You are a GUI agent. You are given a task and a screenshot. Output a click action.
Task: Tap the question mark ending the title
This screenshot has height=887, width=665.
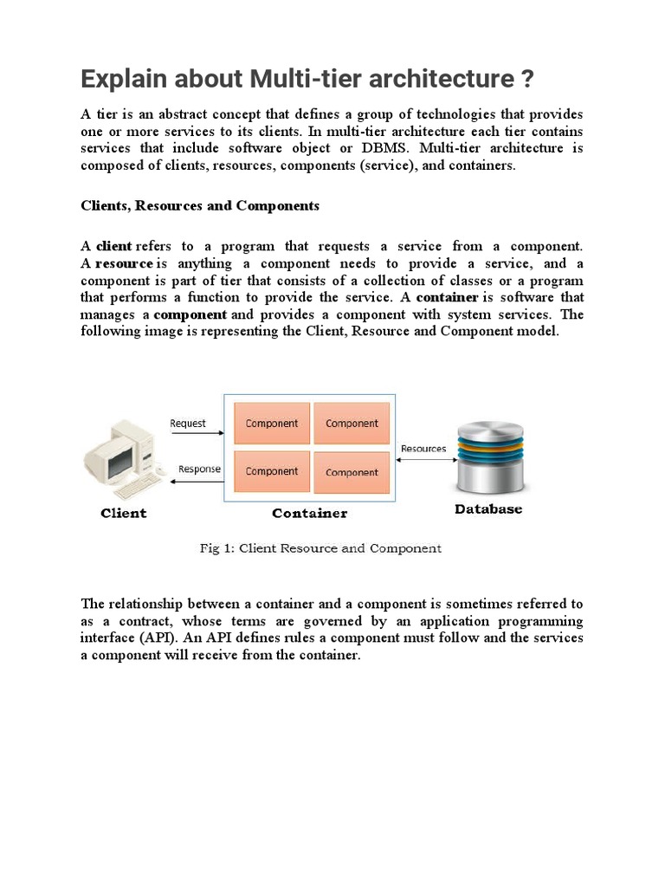pyautogui.click(x=526, y=80)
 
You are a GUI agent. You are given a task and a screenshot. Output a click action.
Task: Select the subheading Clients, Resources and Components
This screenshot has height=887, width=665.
pyautogui.click(x=200, y=206)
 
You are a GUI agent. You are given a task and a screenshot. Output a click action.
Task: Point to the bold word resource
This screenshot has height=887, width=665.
pyautogui.click(x=124, y=263)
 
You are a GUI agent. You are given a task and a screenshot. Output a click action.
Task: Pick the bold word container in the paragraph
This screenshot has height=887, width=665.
pyautogui.click(x=447, y=297)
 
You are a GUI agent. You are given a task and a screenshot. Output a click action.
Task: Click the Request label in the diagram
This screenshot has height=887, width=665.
pyautogui.click(x=188, y=424)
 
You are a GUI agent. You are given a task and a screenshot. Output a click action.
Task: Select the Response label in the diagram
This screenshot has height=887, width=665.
pyautogui.click(x=199, y=469)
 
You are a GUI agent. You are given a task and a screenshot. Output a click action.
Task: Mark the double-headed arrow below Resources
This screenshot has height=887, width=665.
pyautogui.click(x=423, y=461)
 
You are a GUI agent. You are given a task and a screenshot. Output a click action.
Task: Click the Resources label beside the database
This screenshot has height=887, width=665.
pyautogui.click(x=423, y=449)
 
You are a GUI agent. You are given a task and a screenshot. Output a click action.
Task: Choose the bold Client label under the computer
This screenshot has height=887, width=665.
pyautogui.click(x=124, y=513)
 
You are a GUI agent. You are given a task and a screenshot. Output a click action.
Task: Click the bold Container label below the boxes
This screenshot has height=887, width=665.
pyautogui.click(x=309, y=513)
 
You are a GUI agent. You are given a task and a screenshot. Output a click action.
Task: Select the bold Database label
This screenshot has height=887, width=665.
pyautogui.click(x=488, y=510)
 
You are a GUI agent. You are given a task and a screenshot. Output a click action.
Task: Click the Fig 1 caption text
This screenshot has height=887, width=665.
pyautogui.click(x=320, y=548)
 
